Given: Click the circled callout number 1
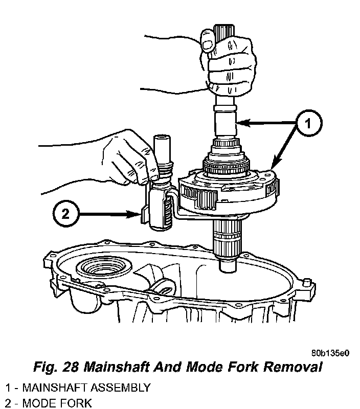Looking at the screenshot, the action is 308,123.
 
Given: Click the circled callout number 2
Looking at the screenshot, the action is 65,214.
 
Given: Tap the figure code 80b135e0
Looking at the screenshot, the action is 330,353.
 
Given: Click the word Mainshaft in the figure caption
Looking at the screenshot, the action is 117,367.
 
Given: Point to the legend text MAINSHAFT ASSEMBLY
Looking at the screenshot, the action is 86,388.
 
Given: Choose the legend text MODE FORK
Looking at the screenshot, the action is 57,403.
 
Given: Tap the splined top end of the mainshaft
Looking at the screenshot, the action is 224,31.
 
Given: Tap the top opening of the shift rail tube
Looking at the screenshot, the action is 162,137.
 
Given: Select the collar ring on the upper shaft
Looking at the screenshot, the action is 225,108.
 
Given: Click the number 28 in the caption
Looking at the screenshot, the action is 70,367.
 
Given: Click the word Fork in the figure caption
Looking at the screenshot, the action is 242,367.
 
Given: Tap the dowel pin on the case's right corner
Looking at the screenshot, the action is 306,283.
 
